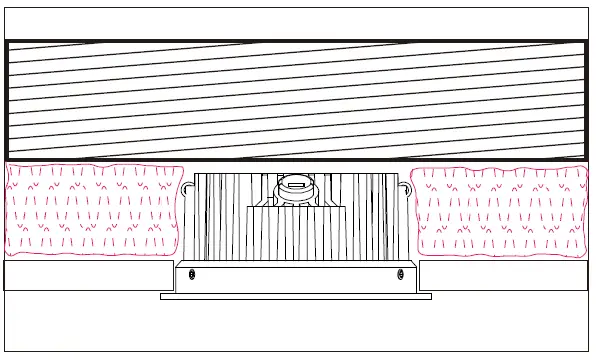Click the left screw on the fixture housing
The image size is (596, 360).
[192, 274]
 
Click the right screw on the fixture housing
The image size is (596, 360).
[399, 274]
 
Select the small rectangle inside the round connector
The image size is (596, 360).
[295, 184]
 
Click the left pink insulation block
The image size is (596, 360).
[92, 211]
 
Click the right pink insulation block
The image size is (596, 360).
[500, 211]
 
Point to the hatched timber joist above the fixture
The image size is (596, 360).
[296, 100]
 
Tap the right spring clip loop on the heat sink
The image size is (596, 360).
[408, 188]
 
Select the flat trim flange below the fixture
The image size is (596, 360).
[296, 296]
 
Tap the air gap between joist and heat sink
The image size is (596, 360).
[296, 166]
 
